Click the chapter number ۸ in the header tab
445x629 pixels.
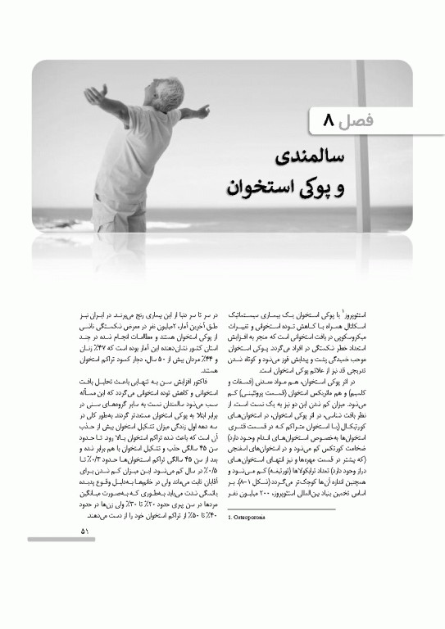pos(327,121)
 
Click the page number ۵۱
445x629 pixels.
pos(85,532)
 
